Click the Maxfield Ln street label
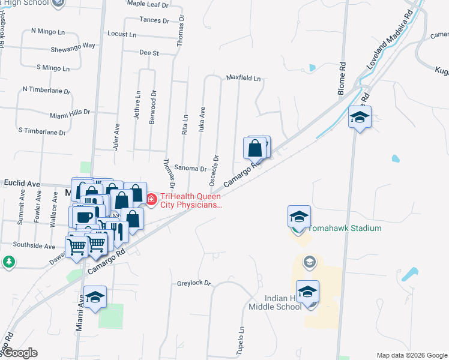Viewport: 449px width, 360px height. click(x=243, y=78)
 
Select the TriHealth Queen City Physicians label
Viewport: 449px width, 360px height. click(x=190, y=200)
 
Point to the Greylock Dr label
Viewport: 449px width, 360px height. click(x=194, y=283)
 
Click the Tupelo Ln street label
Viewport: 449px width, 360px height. click(x=241, y=340)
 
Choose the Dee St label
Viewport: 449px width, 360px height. click(x=148, y=53)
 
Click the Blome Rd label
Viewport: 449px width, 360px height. click(x=342, y=77)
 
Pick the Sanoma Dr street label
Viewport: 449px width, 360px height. click(x=190, y=169)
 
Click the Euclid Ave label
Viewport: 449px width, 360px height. click(x=22, y=183)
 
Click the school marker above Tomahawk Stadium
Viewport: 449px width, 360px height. click(x=299, y=217)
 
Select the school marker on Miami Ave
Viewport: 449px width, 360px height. click(x=95, y=297)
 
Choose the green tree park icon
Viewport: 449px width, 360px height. click(x=8, y=262)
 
